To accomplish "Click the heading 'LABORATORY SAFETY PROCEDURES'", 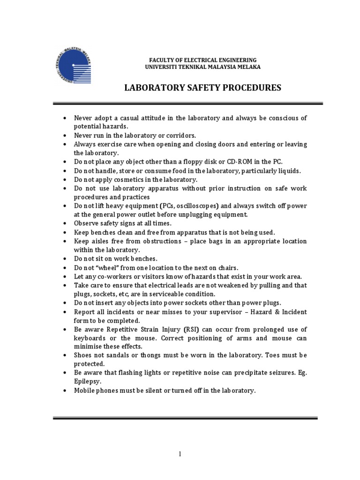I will [x=202, y=88].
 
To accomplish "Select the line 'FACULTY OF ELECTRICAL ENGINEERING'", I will [x=202, y=60].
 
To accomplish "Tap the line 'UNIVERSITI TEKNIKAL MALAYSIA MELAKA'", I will [x=202, y=67].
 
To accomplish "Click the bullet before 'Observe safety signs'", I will [x=64, y=224].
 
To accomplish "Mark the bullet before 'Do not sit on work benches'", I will [x=64, y=259].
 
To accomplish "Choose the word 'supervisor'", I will [x=217, y=312].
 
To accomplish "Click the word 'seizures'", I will [x=284, y=373].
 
